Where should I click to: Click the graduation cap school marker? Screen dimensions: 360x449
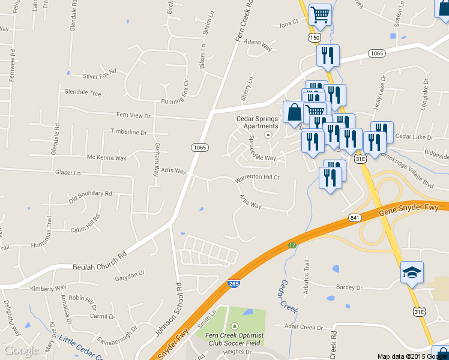click(x=412, y=273)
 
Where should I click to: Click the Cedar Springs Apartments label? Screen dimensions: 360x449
click(x=258, y=122)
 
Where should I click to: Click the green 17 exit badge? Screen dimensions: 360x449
click(x=292, y=245)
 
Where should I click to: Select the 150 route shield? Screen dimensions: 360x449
click(x=314, y=38)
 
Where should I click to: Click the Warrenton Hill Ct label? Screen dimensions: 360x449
click(x=258, y=178)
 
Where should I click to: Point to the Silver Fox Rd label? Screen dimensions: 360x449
click(x=100, y=76)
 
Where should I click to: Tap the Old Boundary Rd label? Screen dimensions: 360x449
click(x=90, y=194)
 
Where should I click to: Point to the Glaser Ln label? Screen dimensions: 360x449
click(x=68, y=173)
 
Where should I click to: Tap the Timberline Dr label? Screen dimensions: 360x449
click(x=128, y=132)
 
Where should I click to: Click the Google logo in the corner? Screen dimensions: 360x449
click(x=22, y=350)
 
